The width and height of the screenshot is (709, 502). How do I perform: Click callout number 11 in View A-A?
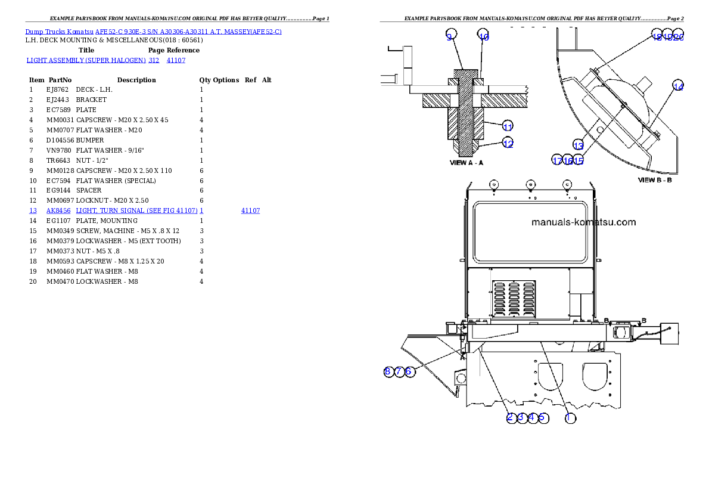[x=508, y=126]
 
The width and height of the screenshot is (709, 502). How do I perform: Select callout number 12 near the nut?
[x=508, y=144]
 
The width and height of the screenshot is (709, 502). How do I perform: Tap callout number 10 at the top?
[x=484, y=37]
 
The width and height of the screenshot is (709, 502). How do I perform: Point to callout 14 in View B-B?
[x=678, y=86]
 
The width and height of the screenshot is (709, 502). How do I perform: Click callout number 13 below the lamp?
[x=578, y=145]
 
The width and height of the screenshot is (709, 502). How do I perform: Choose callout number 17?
[x=557, y=160]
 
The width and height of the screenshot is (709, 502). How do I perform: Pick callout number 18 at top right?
[x=657, y=36]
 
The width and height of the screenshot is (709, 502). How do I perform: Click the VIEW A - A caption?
[x=466, y=162]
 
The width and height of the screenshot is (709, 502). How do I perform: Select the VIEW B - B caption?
[x=655, y=179]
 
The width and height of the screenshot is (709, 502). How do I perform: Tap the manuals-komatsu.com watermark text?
[x=583, y=222]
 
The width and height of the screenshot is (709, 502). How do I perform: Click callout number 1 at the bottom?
[x=570, y=418]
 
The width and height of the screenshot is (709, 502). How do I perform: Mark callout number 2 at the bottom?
[x=510, y=418]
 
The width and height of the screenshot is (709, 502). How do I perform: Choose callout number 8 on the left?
[x=388, y=371]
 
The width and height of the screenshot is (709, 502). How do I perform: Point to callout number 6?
[x=409, y=371]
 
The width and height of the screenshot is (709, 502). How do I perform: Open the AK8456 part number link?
[x=58, y=210]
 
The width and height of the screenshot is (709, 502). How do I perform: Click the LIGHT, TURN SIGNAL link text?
[x=136, y=210]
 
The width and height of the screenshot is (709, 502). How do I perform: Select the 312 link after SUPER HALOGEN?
[x=154, y=60]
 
